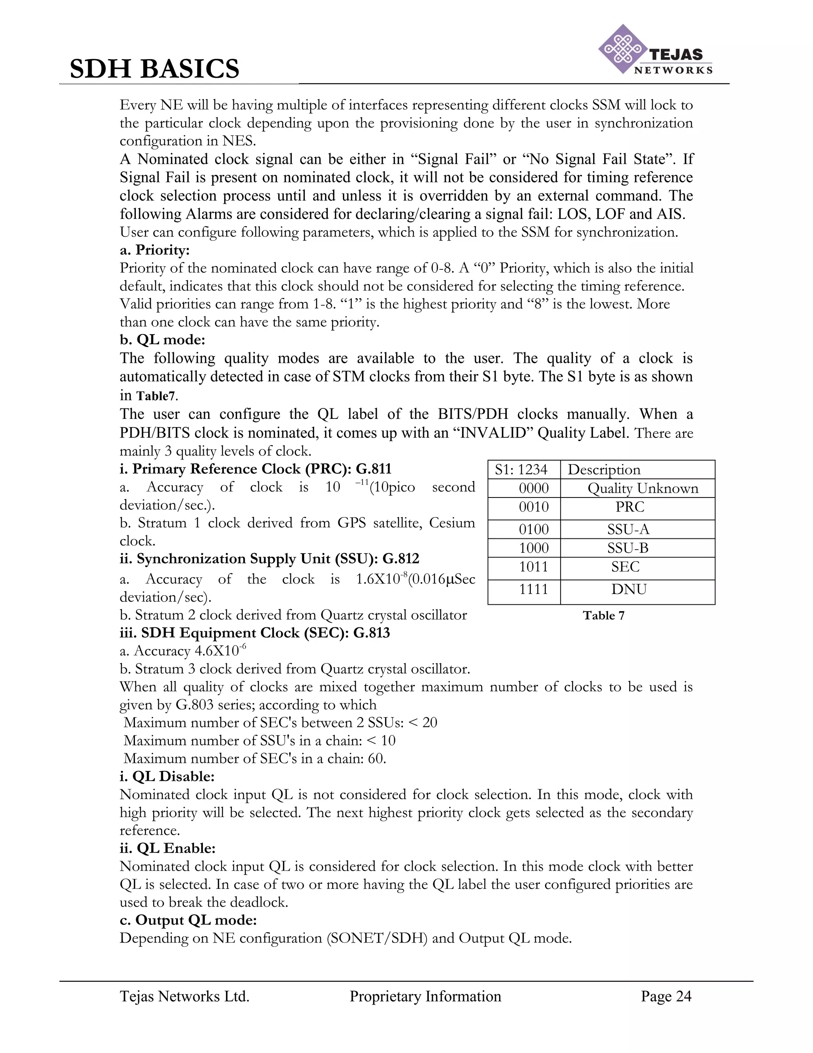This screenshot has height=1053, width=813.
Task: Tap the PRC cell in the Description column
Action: tap(629, 507)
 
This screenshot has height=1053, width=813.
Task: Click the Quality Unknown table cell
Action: tap(643, 488)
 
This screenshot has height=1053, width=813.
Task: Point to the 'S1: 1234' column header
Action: tap(521, 470)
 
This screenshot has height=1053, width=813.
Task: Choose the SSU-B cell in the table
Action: tap(628, 548)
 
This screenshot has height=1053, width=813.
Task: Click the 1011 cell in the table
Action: tap(534, 567)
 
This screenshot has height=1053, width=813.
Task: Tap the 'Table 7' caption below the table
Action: tap(603, 615)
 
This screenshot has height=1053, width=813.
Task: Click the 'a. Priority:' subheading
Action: tap(154, 250)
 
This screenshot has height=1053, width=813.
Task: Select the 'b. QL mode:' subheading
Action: tap(162, 339)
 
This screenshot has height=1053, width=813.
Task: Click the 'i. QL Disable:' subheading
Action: tap(167, 777)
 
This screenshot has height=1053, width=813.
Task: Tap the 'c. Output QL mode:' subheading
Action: tap(188, 920)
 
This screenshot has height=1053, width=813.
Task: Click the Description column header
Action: tap(604, 470)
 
